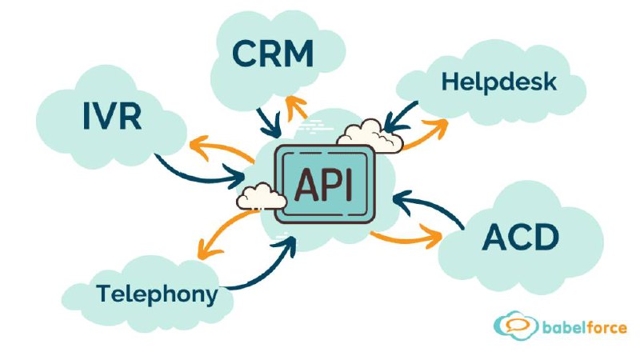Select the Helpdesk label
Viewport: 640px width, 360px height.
click(x=498, y=82)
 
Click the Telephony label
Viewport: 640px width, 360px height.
click(x=157, y=293)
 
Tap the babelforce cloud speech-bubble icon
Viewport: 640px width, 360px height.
click(x=513, y=325)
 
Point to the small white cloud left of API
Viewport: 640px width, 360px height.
click(x=258, y=195)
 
